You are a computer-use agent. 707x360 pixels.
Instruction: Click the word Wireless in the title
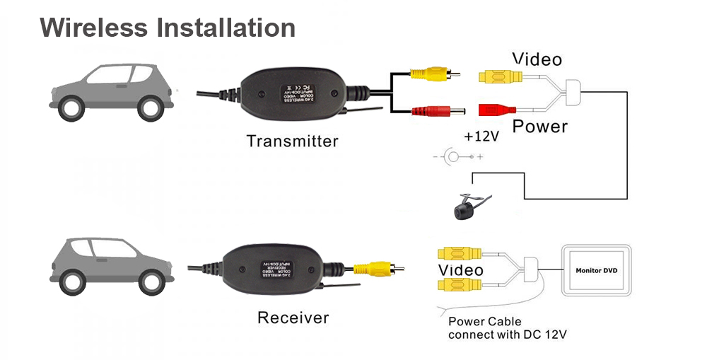(x=94, y=28)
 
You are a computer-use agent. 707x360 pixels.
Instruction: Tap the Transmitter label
(x=292, y=141)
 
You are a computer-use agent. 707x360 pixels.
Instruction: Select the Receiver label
(x=293, y=318)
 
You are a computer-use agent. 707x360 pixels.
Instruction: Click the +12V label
(x=481, y=137)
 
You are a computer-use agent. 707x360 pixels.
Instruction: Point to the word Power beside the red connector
(x=540, y=127)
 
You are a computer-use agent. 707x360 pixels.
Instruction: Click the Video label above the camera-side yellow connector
(x=537, y=59)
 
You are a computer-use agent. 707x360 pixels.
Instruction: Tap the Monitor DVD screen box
(x=596, y=270)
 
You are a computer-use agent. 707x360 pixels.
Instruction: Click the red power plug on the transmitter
(x=430, y=110)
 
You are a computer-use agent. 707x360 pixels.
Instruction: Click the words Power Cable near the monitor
(x=485, y=322)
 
